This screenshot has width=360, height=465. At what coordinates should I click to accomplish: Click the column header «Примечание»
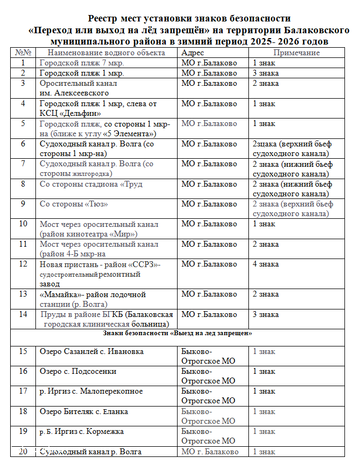coord(296,53)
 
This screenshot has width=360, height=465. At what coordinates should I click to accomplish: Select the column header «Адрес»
coord(193,53)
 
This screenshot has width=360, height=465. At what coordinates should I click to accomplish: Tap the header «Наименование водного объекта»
coord(106,53)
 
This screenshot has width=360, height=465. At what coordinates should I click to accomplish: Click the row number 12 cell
coord(23,264)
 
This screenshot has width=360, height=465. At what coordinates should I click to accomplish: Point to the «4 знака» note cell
coord(266,264)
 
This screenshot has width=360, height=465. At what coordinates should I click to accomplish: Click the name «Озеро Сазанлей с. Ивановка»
coord(92,351)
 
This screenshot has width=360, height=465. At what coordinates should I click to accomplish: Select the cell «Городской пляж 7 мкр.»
coord(82,63)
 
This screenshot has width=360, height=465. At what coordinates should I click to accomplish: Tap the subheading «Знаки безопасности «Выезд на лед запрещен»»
coord(178,333)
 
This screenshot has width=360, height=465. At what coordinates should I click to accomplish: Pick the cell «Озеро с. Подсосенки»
coord(78,371)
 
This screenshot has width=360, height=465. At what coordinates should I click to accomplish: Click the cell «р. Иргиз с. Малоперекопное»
coord(91,391)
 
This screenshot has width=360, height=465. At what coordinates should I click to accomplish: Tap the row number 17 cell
coord(23,391)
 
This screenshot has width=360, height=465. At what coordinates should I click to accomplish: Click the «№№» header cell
coord(23,53)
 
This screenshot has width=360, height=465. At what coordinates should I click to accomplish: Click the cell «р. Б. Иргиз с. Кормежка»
coord(82,431)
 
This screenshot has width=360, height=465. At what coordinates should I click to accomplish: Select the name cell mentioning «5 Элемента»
coord(105,129)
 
